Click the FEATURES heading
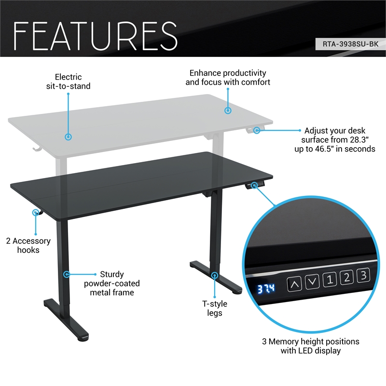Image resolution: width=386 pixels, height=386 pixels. click(96, 34)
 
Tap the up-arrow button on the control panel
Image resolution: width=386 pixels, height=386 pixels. click(295, 284)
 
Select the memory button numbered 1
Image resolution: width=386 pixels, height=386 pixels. click(330, 278)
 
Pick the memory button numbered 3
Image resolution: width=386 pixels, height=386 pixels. click(364, 275)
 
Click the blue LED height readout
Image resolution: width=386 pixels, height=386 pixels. click(266, 289)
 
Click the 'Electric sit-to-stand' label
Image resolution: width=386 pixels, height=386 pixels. click(68, 82)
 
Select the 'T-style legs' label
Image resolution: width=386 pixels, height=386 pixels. click(214, 308)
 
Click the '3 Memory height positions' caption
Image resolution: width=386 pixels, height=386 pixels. click(311, 346)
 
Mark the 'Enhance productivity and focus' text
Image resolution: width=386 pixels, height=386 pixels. click(228, 77)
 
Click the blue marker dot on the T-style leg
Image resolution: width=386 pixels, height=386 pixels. click(215, 275)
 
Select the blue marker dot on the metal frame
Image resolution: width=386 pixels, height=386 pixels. click(67, 274)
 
